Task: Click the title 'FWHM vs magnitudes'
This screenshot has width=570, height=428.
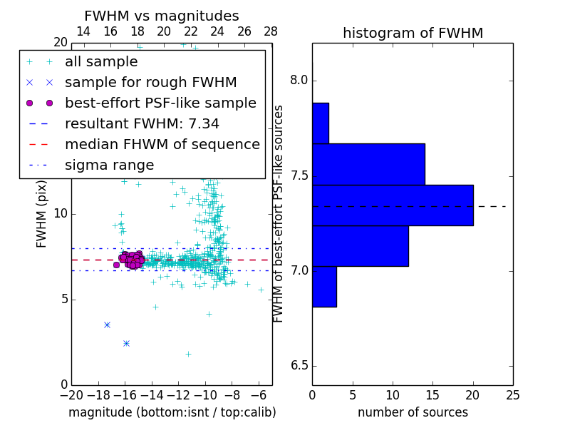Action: pyautogui.click(x=162, y=16)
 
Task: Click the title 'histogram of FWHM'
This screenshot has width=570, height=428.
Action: pyautogui.click(x=413, y=33)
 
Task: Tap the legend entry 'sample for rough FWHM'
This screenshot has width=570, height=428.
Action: pyautogui.click(x=150, y=82)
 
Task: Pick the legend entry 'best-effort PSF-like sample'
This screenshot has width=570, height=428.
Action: pyautogui.click(x=160, y=103)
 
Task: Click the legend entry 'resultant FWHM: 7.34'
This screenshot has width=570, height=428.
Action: pyautogui.click(x=142, y=123)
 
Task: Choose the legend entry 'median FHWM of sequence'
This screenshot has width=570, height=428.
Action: pyautogui.click(x=162, y=144)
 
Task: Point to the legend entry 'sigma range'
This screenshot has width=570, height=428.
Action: pyautogui.click(x=109, y=165)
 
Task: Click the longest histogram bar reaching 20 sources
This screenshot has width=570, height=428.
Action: pyautogui.click(x=393, y=205)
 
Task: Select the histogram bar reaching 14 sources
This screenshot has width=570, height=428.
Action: pyautogui.click(x=368, y=164)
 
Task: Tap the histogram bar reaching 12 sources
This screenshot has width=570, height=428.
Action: pyautogui.click(x=361, y=246)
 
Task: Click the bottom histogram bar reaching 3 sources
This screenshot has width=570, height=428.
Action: pyautogui.click(x=324, y=286)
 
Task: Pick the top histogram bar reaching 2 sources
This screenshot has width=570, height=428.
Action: pyautogui.click(x=321, y=123)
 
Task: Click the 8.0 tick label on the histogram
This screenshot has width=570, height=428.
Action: pyautogui.click(x=299, y=81)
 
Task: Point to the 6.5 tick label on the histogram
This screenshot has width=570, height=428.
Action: pyautogui.click(x=299, y=366)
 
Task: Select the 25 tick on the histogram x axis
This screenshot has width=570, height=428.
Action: pyautogui.click(x=513, y=394)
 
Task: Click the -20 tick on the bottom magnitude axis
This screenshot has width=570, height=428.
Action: pyautogui.click(x=71, y=394)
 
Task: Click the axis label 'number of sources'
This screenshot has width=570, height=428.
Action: pyautogui.click(x=413, y=412)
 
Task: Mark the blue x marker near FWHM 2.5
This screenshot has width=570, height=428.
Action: pyautogui.click(x=126, y=343)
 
